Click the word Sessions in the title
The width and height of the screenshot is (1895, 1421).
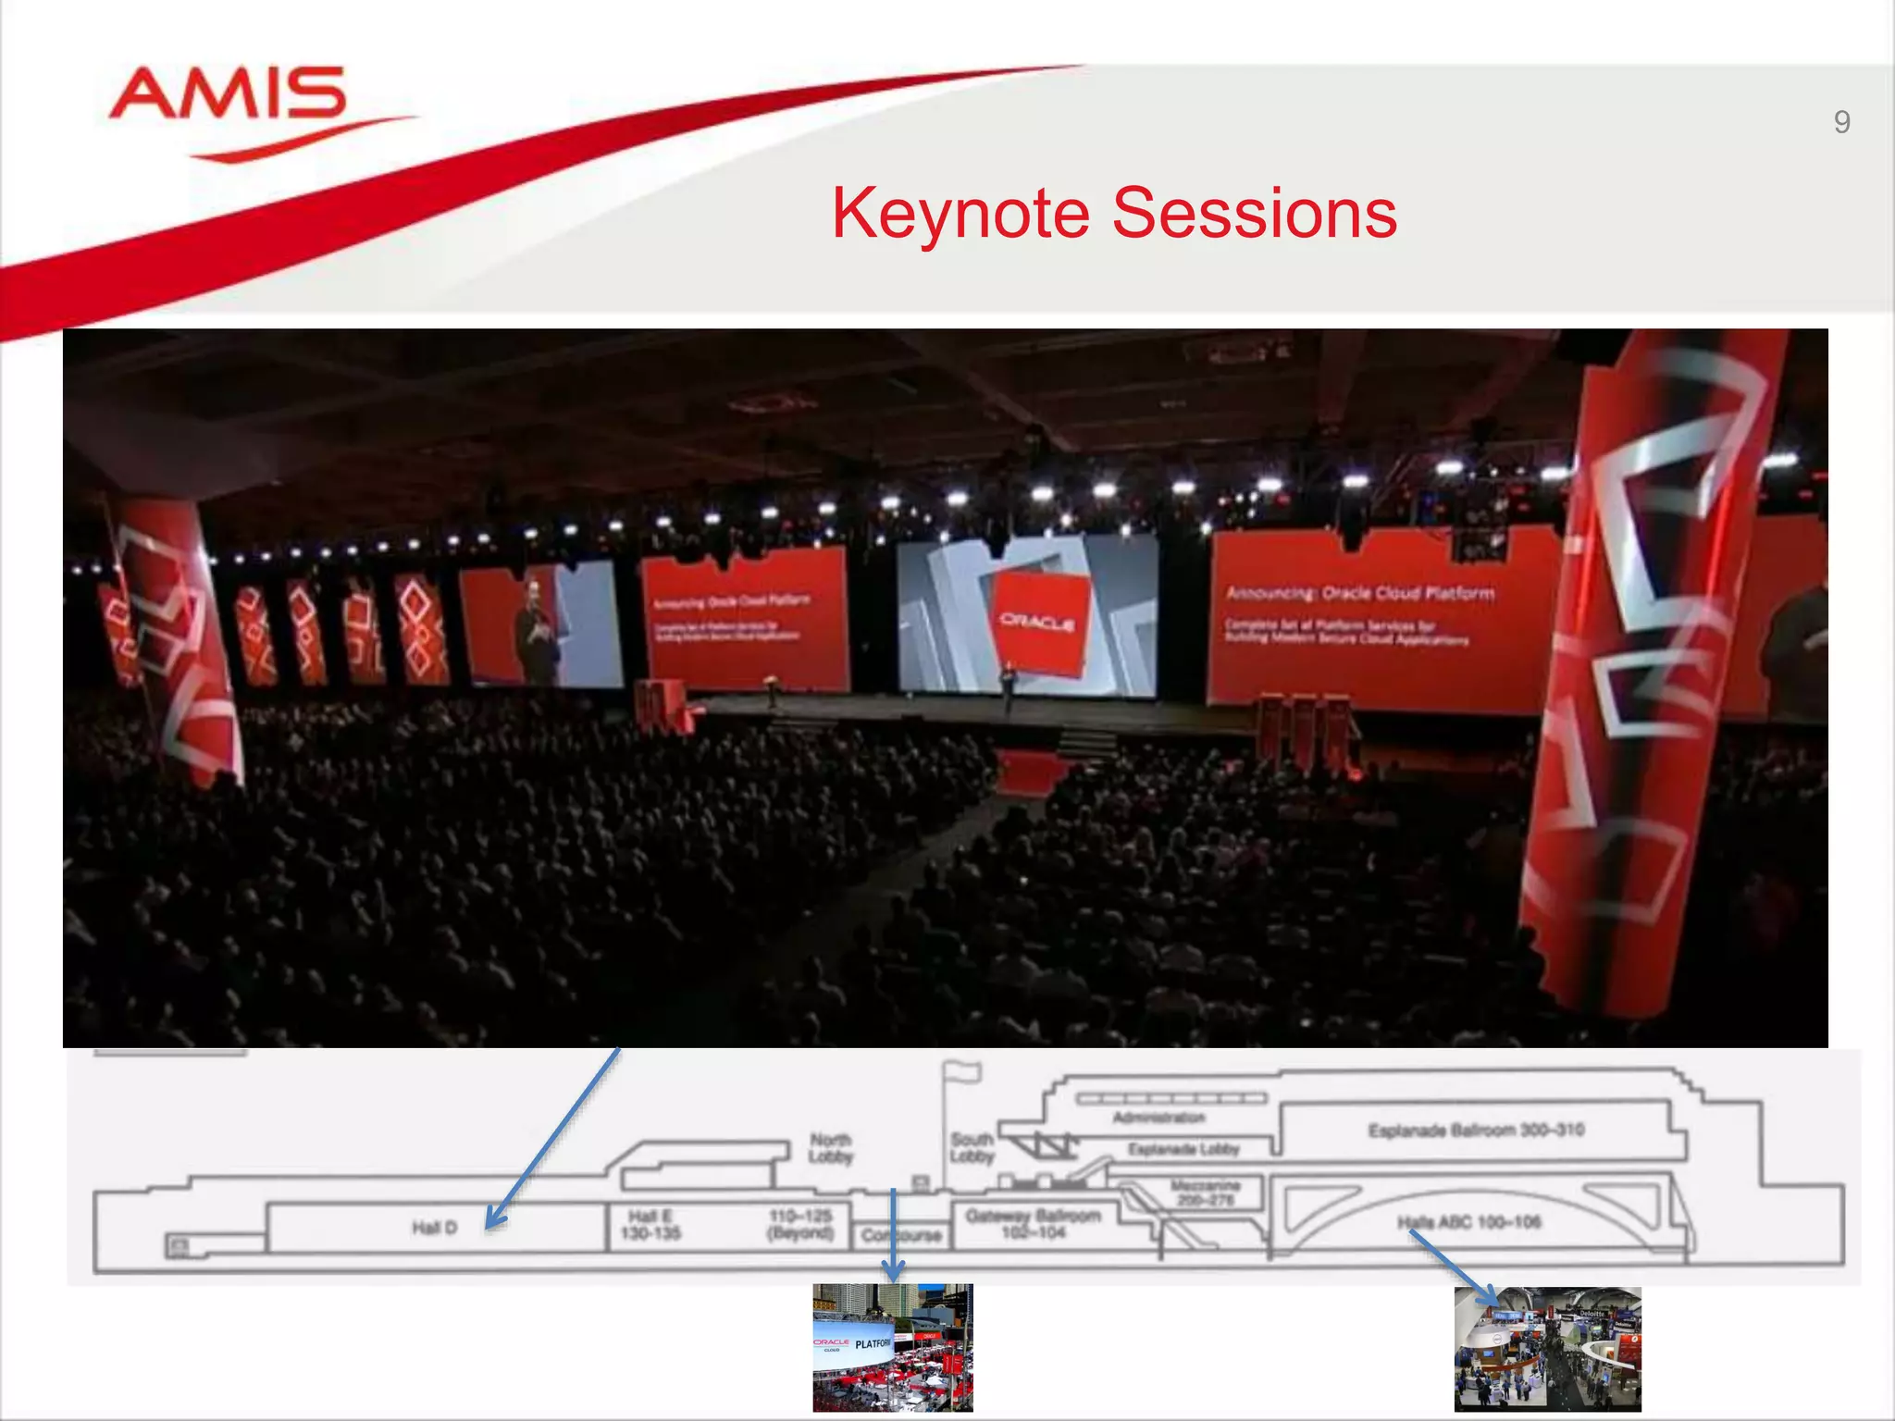tap(1254, 214)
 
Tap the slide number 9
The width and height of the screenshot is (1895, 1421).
tap(1841, 122)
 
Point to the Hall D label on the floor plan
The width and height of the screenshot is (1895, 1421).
tap(434, 1228)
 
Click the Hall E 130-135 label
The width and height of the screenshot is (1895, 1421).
tap(650, 1225)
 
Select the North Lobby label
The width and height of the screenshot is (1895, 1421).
tap(830, 1148)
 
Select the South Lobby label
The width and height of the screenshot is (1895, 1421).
tap(972, 1147)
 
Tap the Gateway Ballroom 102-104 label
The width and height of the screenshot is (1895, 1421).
tap(1034, 1223)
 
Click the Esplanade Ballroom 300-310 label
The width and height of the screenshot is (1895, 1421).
tap(1476, 1130)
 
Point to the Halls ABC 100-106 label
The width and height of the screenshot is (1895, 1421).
tap(1468, 1222)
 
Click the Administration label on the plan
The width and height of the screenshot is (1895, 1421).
tap(1158, 1118)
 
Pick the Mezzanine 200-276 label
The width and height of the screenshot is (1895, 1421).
tap(1205, 1192)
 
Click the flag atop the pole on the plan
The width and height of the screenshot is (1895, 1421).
tap(962, 1071)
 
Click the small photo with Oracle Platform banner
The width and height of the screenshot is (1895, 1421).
tap(892, 1347)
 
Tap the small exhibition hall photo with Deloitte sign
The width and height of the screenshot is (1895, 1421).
tap(1547, 1349)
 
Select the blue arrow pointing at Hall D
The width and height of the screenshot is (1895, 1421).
tap(553, 1138)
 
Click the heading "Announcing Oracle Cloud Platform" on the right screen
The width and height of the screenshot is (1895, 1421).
tap(1359, 592)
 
